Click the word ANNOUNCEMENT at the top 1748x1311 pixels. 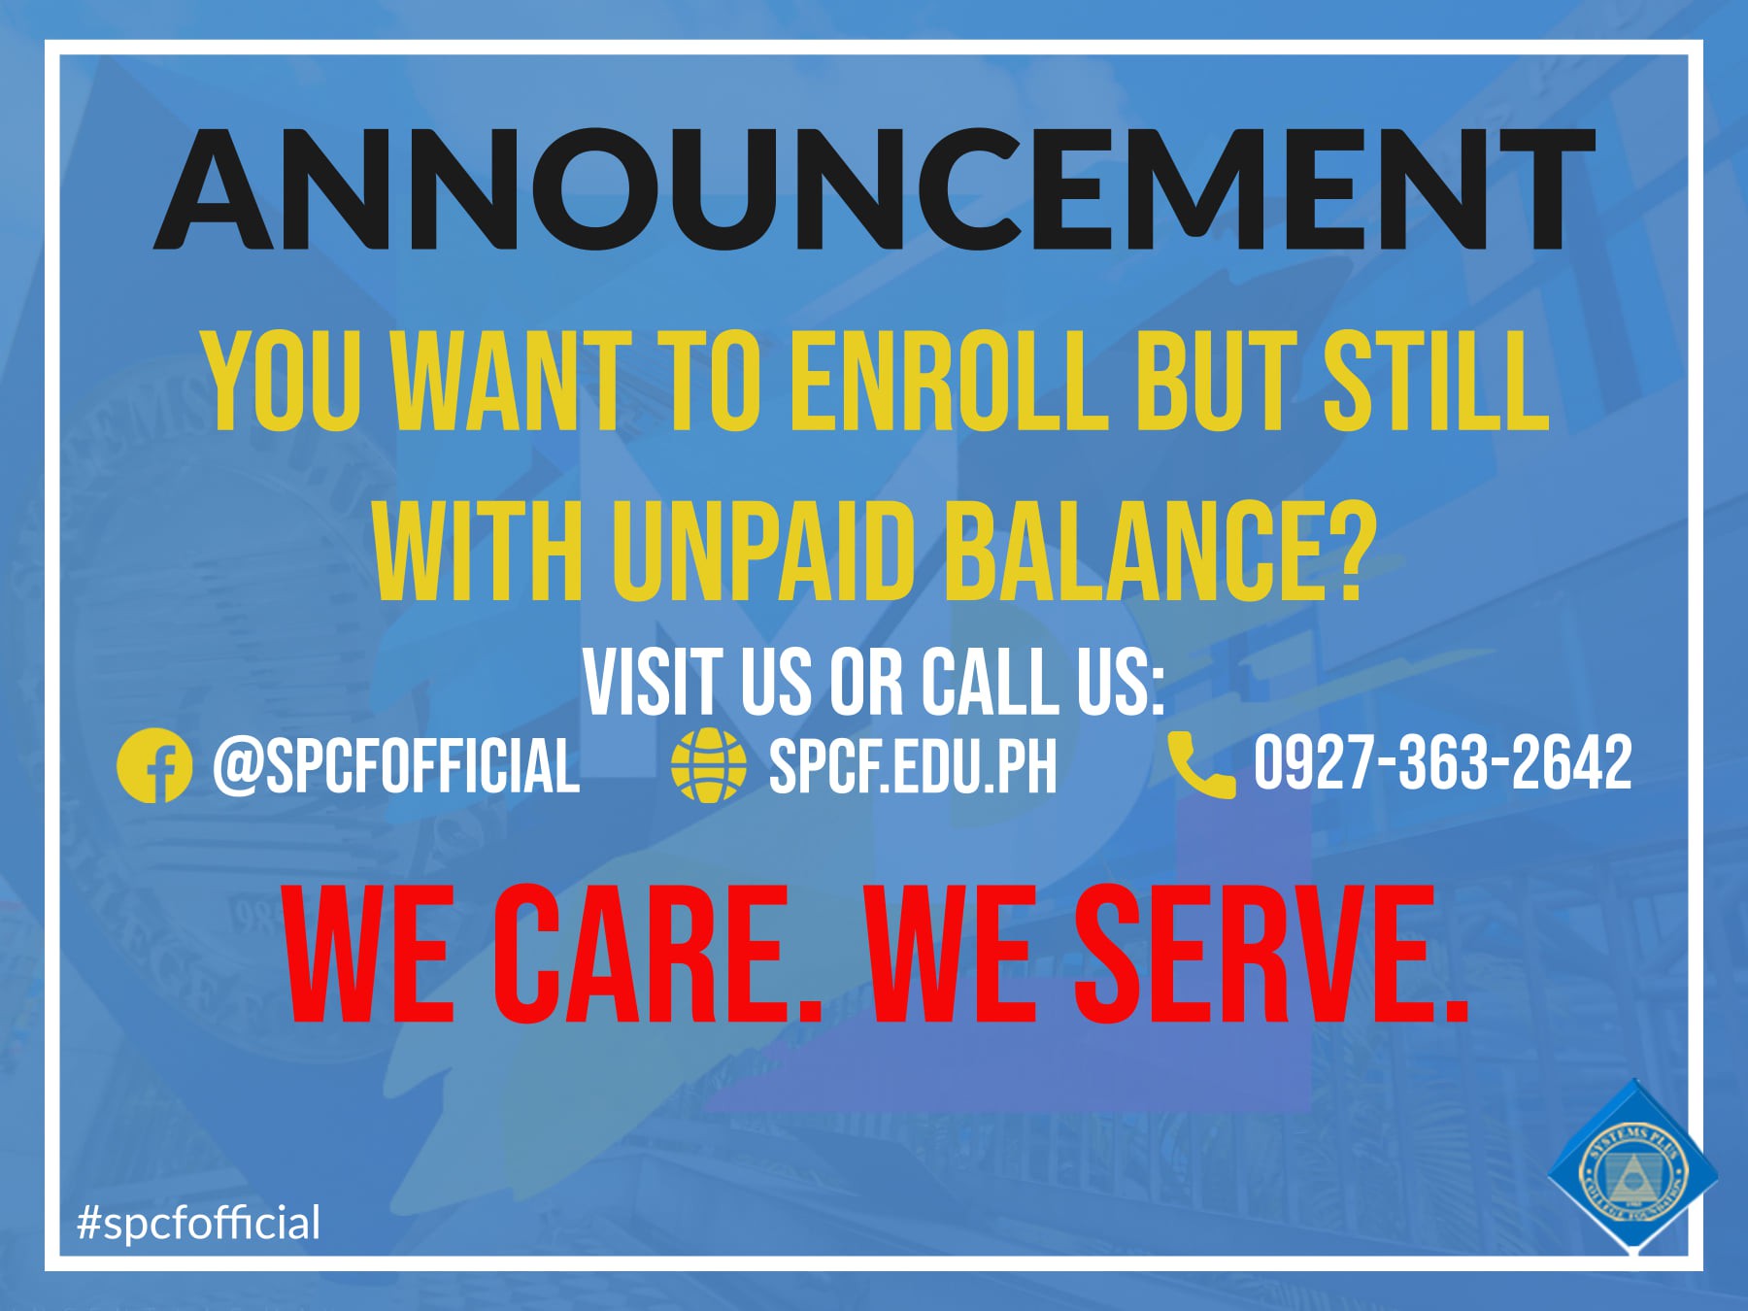coord(874,189)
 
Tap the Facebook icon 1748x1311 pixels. coord(153,765)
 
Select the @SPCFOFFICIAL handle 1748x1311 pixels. coord(396,765)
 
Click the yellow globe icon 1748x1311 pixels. coord(709,765)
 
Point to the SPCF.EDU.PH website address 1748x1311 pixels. coord(913,766)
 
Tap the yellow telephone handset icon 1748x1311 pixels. coord(1201,765)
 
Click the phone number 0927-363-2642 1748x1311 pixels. coord(1443,763)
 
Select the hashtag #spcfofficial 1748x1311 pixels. coord(198,1223)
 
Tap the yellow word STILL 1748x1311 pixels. coord(1437,381)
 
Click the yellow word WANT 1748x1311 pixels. coord(511,381)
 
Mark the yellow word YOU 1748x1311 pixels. coord(281,381)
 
